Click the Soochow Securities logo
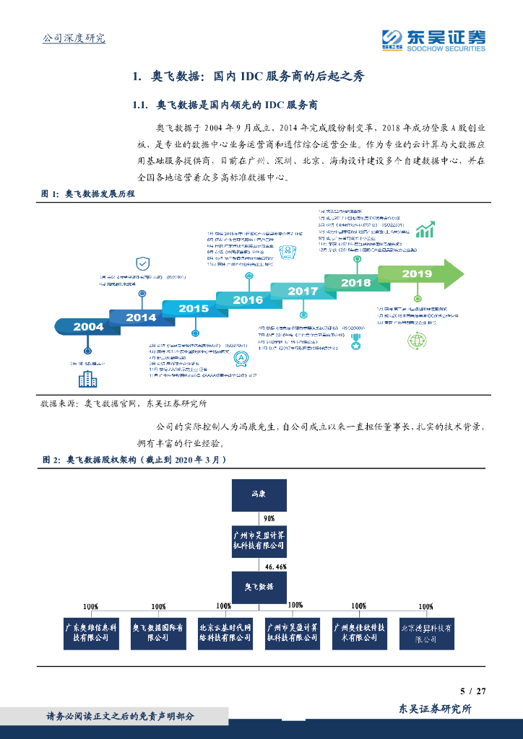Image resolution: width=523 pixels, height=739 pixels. (433, 40)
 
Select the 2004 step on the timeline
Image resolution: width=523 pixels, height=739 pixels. (88, 327)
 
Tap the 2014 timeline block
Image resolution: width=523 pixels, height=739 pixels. (140, 318)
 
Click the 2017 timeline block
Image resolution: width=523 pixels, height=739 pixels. (302, 292)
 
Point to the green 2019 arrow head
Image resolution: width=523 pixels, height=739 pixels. (454, 274)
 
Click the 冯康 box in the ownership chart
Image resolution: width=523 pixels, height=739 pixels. (258, 495)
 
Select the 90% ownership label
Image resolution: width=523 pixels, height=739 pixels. (269, 518)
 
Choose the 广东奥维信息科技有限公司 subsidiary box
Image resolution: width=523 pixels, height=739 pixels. (90, 632)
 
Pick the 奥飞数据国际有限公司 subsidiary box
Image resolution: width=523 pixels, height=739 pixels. (157, 632)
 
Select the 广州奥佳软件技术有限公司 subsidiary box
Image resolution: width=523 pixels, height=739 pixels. (359, 632)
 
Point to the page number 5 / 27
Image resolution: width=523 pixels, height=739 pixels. (473, 691)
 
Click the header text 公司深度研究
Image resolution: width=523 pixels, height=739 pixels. (74, 38)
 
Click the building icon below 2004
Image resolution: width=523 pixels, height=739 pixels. (87, 378)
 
